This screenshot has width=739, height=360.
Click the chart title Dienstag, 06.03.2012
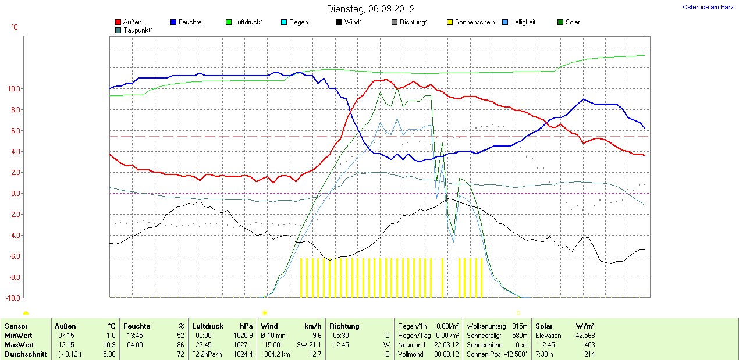[370, 9]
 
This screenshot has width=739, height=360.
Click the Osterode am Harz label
[708, 7]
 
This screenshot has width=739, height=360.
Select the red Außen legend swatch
[118, 22]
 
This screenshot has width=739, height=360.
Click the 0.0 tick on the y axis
[16, 194]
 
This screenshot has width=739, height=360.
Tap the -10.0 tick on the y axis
[13, 298]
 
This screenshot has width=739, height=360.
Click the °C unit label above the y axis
[15, 27]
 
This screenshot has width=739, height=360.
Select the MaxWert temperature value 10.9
[109, 345]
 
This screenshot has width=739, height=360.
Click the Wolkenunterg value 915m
[520, 326]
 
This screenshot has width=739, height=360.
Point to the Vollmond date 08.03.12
[447, 354]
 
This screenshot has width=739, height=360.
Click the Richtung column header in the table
[344, 326]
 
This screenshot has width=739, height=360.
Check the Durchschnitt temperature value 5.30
[109, 354]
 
